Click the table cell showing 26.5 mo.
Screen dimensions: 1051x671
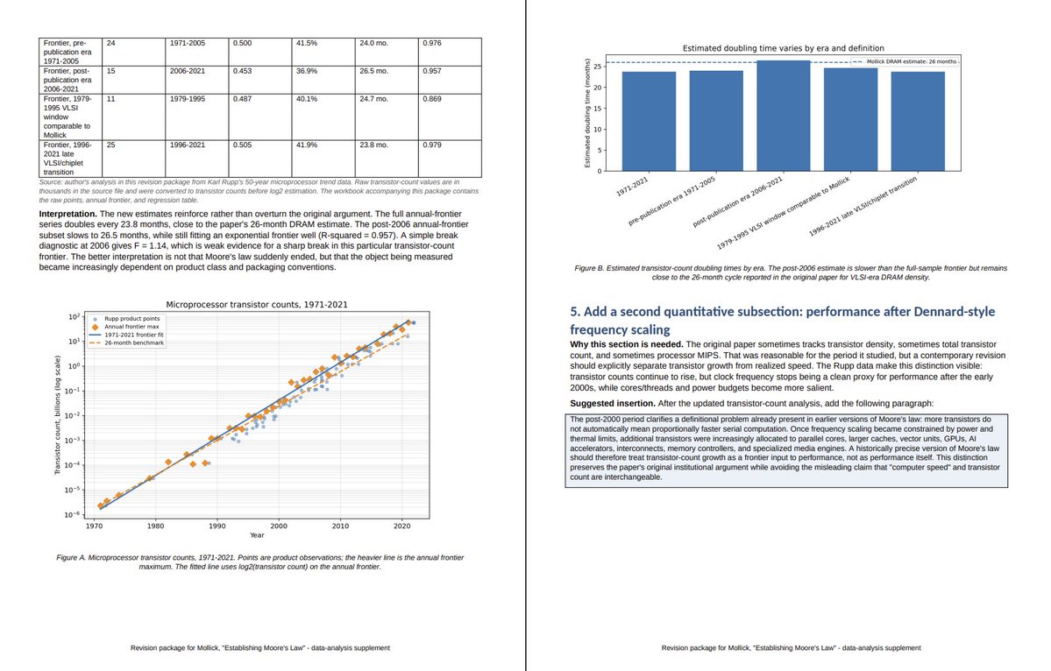point(387,80)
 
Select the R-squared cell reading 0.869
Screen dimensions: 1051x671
point(450,117)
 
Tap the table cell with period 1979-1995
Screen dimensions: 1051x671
point(196,117)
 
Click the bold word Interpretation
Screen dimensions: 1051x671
point(67,214)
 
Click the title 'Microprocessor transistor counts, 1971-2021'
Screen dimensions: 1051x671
point(257,305)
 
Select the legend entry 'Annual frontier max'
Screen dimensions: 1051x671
point(131,327)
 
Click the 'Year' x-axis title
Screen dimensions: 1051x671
point(257,535)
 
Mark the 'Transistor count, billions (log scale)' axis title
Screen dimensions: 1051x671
point(59,415)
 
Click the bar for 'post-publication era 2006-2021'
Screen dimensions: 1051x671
point(784,116)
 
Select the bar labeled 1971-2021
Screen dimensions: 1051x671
point(649,121)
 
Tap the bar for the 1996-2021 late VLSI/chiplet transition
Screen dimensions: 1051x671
point(918,121)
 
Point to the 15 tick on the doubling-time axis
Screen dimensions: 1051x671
point(598,109)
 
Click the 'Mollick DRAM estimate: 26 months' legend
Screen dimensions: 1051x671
point(905,61)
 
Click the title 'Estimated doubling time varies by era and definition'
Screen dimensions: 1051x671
point(783,48)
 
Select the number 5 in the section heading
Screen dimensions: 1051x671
point(574,311)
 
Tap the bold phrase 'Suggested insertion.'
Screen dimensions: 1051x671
point(613,403)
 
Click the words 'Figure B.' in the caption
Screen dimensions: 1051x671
point(589,268)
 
